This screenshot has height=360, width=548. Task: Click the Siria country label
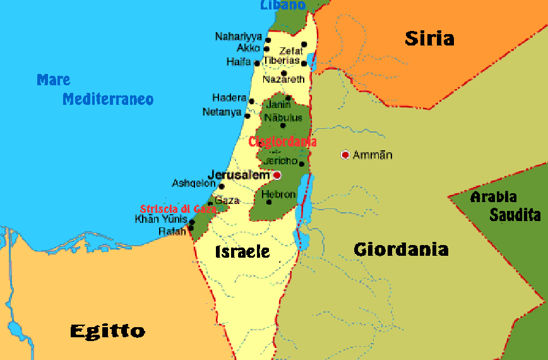click(429, 38)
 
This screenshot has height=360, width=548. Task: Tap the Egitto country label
click(107, 330)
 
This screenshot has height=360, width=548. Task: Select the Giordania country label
click(401, 249)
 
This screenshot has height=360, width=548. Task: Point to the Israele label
click(242, 251)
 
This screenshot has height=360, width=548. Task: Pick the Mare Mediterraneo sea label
click(95, 90)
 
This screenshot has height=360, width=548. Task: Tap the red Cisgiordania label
click(282, 141)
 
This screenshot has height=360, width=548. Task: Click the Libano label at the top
click(282, 5)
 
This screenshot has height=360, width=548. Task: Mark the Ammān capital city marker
click(345, 155)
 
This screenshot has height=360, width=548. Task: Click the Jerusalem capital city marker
click(277, 175)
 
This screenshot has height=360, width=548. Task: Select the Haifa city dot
click(257, 63)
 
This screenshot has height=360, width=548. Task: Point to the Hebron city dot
click(270, 202)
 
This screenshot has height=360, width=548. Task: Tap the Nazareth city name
click(283, 80)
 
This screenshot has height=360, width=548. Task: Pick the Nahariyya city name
click(238, 37)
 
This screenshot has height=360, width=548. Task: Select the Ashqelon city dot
click(221, 186)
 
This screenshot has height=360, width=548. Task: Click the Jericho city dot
click(301, 164)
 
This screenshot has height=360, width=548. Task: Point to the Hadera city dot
click(251, 101)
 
